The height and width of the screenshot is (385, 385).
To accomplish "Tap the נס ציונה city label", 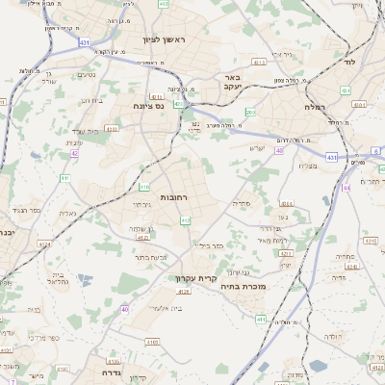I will click(149, 108).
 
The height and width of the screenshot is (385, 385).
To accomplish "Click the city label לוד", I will click(348, 60).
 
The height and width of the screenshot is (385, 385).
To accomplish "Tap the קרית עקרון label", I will click(192, 278).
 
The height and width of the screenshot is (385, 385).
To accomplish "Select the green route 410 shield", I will click(144, 187).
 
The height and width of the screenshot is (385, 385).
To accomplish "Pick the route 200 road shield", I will click(249, 113).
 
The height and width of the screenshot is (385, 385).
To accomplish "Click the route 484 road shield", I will click(345, 90).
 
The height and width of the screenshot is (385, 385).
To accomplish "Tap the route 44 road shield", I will click(346, 188).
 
